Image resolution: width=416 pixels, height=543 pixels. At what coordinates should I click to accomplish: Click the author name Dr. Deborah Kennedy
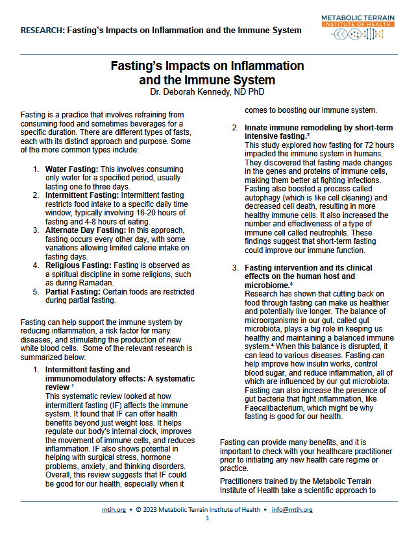(207, 92)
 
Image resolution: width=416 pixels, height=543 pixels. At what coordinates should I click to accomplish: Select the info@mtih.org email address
(292, 510)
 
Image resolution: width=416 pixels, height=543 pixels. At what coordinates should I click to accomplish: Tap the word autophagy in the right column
(263, 197)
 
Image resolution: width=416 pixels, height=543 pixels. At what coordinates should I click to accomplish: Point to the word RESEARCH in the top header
(41, 30)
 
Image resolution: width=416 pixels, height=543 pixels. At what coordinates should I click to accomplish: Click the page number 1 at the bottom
(208, 519)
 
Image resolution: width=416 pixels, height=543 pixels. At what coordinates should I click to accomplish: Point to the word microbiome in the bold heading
(266, 285)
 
